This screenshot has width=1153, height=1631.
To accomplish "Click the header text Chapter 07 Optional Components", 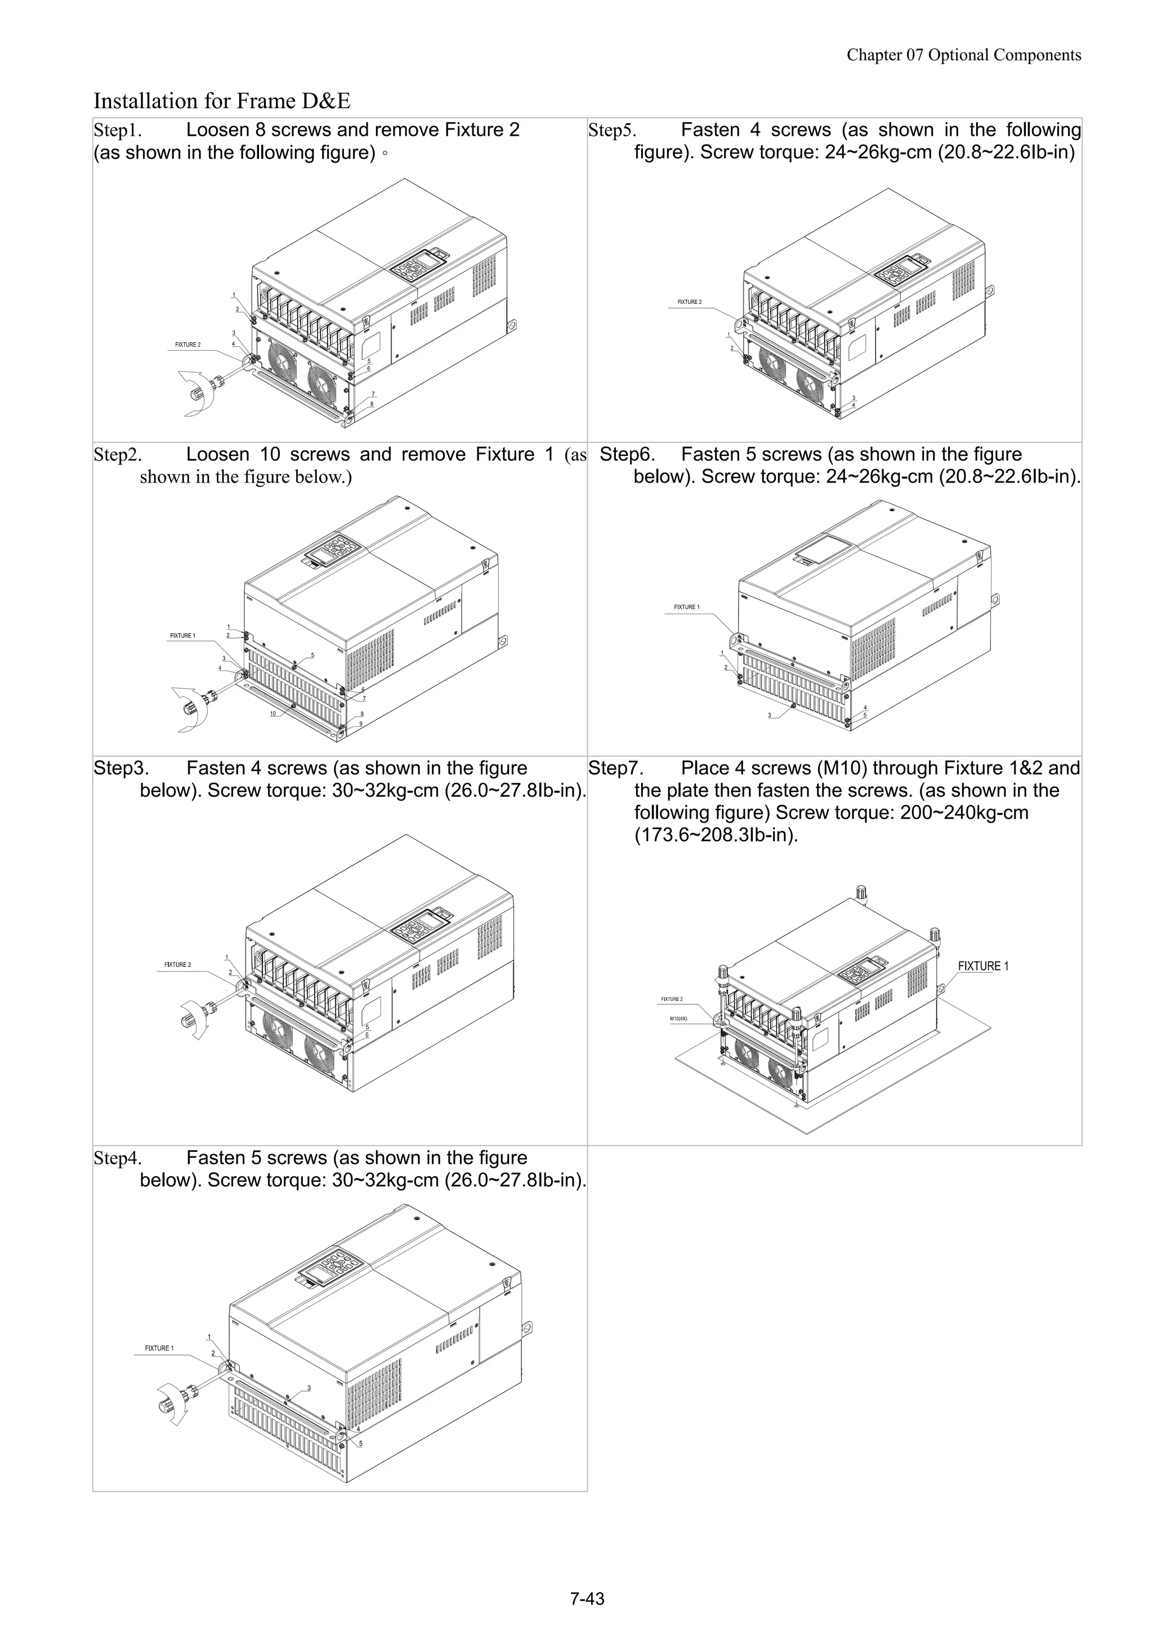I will [963, 55].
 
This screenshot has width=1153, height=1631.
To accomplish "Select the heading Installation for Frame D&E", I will [222, 101].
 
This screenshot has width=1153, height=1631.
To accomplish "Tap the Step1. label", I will [117, 131].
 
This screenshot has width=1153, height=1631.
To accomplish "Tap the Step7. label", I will [615, 768].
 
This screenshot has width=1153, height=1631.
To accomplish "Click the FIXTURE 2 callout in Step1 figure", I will [187, 345].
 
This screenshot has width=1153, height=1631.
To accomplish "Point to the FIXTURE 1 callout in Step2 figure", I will [182, 635].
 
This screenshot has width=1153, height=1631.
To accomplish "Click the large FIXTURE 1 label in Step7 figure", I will [983, 966].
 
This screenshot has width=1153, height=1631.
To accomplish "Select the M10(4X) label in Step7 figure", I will [679, 1018].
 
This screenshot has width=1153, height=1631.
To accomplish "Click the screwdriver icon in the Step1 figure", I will [203, 391].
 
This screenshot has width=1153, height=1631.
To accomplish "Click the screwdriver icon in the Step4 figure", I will [177, 1398].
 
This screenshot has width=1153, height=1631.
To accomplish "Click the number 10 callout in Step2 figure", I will [273, 713].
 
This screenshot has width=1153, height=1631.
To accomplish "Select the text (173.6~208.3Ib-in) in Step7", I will [716, 835].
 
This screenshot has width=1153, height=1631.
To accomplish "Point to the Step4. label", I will [117, 1159].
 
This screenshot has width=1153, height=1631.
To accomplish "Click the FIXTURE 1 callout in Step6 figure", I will [686, 607].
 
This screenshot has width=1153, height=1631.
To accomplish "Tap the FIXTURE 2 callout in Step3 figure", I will [177, 964].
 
